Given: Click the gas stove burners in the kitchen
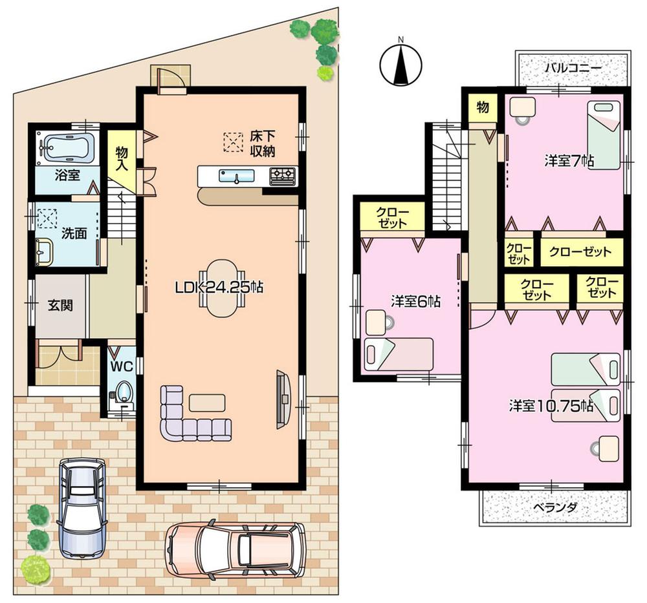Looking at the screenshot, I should tap(281, 175).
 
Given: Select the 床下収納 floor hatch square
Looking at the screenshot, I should tap(232, 142).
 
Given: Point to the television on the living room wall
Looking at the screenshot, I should tap(283, 399).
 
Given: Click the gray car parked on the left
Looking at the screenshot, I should tap(82, 507).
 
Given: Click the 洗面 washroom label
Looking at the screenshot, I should tap(74, 233).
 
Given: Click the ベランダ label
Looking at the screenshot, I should tap(554, 507).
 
